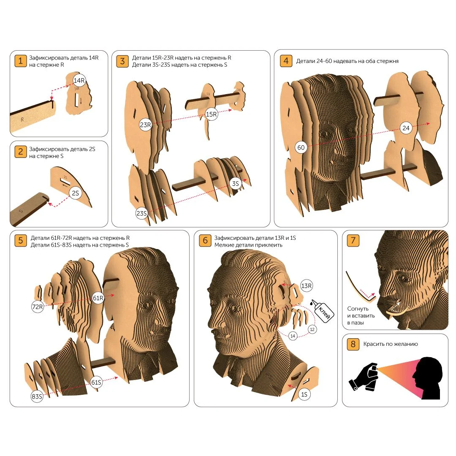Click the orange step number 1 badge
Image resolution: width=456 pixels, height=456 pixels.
(x=20, y=61)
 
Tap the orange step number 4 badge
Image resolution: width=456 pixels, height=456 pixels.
(x=286, y=61)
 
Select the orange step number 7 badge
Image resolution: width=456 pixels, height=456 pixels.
(x=353, y=241)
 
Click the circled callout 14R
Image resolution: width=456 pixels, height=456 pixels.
(x=79, y=80)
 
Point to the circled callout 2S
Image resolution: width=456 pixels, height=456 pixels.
(x=75, y=193)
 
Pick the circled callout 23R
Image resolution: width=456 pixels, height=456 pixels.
(x=145, y=125)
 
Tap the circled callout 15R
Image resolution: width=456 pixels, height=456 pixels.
(x=212, y=114)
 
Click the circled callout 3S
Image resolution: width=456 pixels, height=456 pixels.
(x=235, y=184)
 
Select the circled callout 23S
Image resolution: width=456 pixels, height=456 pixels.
(x=141, y=214)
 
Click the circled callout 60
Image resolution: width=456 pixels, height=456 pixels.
(x=301, y=147)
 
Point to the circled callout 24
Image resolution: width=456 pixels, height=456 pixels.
(x=406, y=128)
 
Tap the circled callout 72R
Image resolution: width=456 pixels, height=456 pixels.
(x=38, y=307)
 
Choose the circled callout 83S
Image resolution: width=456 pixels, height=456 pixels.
(x=37, y=396)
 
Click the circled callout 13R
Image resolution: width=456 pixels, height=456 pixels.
(x=306, y=286)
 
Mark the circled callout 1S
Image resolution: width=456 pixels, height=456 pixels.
(x=304, y=394)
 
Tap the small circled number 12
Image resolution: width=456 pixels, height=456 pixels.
(x=312, y=329)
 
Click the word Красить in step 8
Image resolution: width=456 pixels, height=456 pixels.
(x=374, y=344)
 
